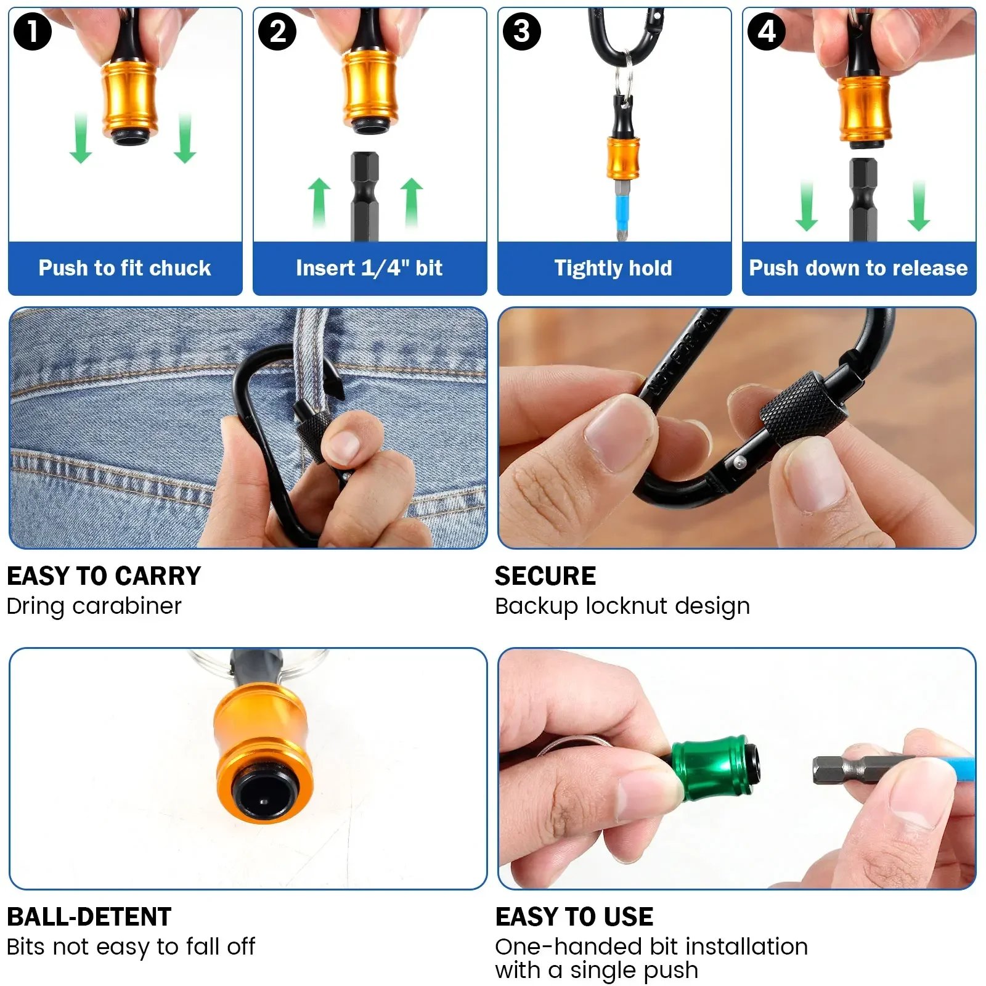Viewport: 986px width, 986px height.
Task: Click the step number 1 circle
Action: click(x=32, y=31)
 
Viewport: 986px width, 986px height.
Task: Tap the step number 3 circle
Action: click(x=521, y=31)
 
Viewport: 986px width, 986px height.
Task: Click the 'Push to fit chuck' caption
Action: click(x=124, y=268)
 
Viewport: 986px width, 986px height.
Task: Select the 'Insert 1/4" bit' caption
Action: click(x=369, y=268)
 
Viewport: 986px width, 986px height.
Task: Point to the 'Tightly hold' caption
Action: click(x=613, y=268)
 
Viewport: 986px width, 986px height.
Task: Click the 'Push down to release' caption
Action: click(x=858, y=268)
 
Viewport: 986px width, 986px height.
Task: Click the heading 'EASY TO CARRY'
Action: click(x=104, y=576)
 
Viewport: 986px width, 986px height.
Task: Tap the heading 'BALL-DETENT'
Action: click(x=89, y=917)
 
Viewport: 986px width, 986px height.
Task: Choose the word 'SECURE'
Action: click(x=545, y=576)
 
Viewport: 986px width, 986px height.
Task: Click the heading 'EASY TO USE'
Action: click(x=574, y=917)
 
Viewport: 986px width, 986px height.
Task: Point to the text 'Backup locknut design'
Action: click(x=622, y=606)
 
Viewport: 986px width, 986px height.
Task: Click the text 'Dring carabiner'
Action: click(x=94, y=606)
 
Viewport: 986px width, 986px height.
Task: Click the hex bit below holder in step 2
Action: click(x=365, y=197)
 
